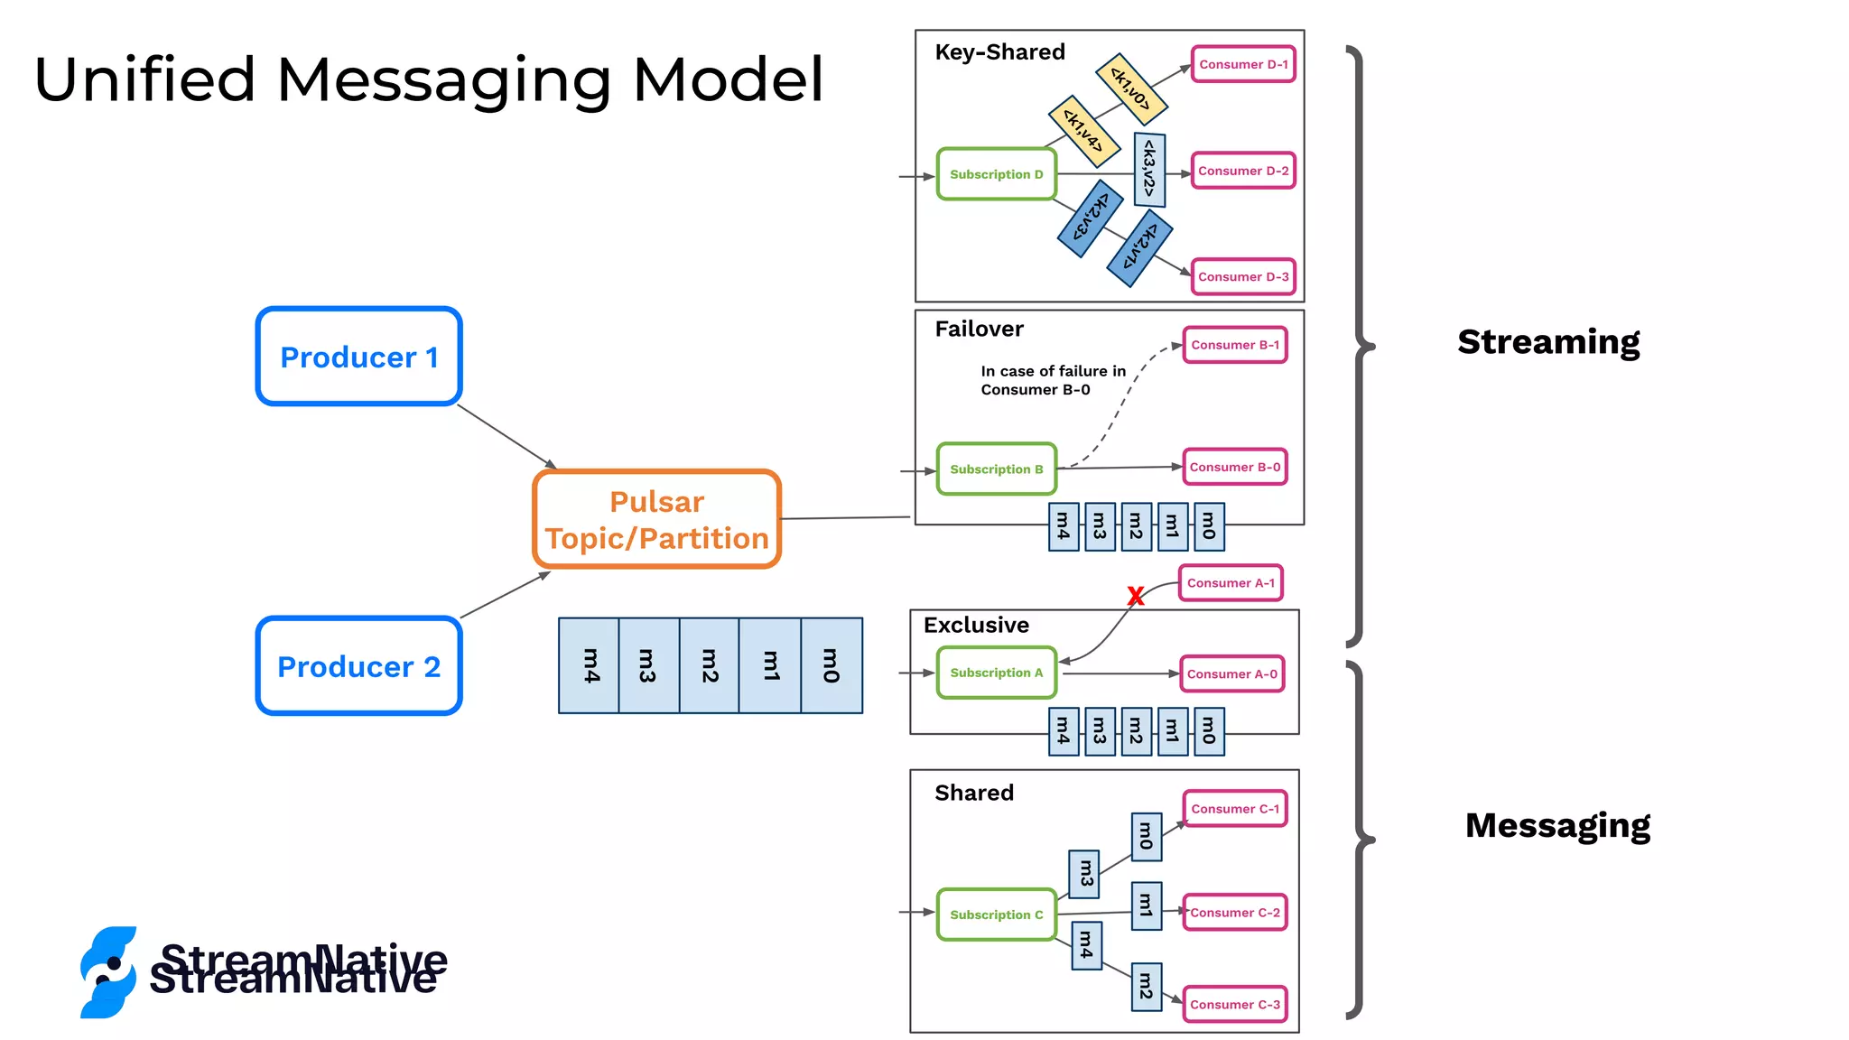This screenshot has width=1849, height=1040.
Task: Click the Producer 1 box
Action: (x=358, y=357)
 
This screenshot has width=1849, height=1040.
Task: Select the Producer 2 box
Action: (x=358, y=666)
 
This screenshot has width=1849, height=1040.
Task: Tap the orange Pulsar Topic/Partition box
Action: (x=656, y=520)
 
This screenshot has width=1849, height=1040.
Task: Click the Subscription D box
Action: (x=996, y=174)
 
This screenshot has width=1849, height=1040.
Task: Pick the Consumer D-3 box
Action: (x=1243, y=277)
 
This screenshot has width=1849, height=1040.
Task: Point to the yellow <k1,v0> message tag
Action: (x=1131, y=88)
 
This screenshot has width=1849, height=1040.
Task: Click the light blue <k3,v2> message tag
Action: (x=1149, y=169)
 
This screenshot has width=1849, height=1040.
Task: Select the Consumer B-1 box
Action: (x=1234, y=345)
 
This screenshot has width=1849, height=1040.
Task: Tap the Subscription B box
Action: (x=996, y=469)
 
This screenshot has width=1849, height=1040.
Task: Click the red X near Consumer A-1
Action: (x=1136, y=596)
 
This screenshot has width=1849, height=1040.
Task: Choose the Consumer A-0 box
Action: (x=1231, y=674)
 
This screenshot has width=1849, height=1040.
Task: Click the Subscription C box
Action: (x=996, y=915)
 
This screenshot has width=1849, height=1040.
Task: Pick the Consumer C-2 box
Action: (x=1234, y=913)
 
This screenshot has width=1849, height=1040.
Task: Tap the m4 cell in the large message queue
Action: (x=590, y=666)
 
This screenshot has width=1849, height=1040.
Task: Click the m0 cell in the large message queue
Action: (x=832, y=666)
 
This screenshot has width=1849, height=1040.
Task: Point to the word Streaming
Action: (x=1548, y=342)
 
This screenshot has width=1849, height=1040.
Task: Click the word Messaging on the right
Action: (x=1557, y=825)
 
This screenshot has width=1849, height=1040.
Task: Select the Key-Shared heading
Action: (x=999, y=52)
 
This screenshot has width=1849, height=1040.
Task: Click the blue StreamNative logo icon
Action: (x=108, y=972)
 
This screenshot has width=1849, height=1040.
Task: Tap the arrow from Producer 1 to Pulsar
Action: (x=506, y=437)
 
